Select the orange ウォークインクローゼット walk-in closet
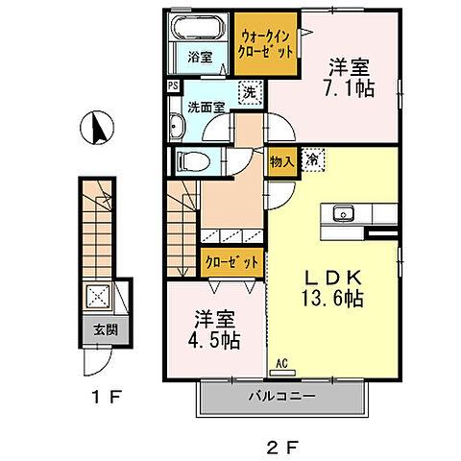point(265,46)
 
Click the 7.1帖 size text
point(350,87)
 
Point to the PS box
point(172,85)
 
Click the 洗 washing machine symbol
point(248,93)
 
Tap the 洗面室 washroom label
point(206,108)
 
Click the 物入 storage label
point(281,160)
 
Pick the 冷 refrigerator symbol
point(312,159)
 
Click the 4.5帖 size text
point(213,341)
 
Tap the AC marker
point(282,363)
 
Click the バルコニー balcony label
point(283,396)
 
